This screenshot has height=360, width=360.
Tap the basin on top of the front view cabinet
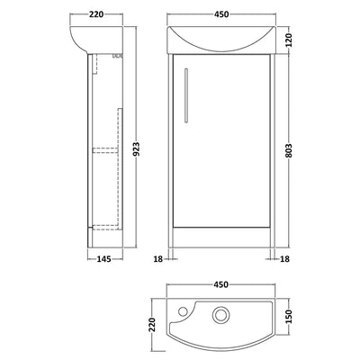221,40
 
